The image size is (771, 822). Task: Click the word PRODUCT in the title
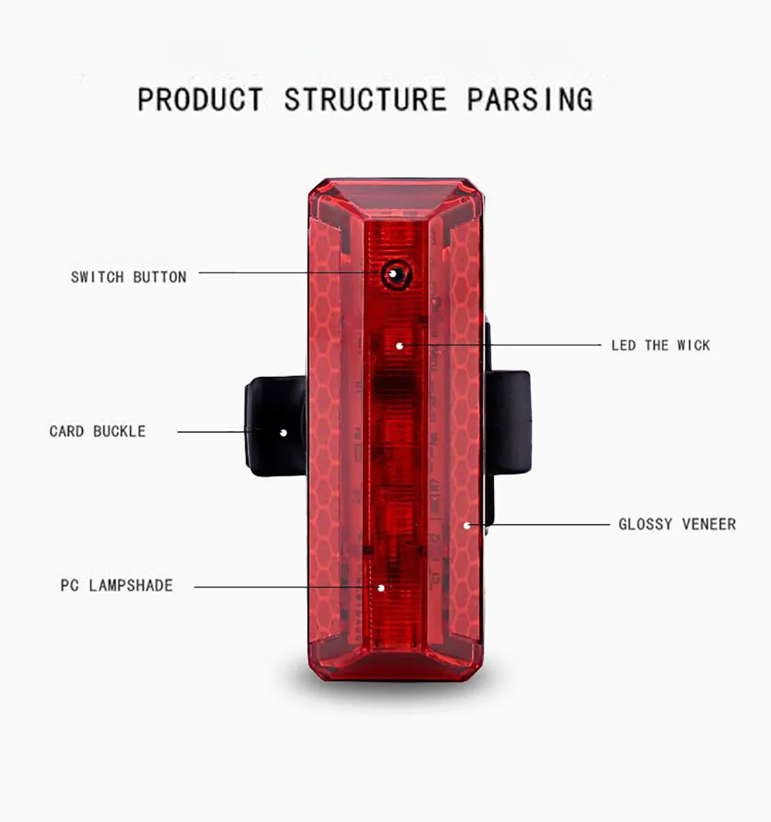[x=200, y=100]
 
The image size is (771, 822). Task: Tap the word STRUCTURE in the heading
[x=365, y=100]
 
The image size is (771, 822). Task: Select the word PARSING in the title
[x=530, y=100]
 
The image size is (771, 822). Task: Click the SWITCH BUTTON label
[x=128, y=277]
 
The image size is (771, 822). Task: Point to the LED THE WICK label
[x=660, y=346]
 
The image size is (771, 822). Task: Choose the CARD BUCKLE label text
[x=97, y=431]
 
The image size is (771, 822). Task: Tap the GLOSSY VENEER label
[x=676, y=525]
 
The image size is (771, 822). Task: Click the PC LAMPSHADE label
[x=116, y=586]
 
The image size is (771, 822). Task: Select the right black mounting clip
[x=509, y=422]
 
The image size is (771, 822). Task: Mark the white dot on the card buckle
[x=283, y=432]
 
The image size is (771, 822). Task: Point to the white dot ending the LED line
[x=399, y=346]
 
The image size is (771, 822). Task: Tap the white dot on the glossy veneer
[x=467, y=526]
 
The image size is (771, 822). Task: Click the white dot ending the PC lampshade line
[x=381, y=587]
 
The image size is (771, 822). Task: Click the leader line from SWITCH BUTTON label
[x=289, y=273]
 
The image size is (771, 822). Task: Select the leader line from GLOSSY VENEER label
[x=546, y=525]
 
